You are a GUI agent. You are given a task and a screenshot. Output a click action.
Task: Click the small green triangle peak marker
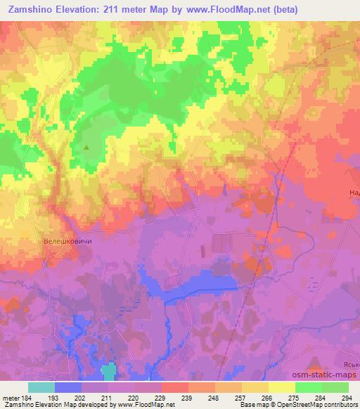pos(86,148)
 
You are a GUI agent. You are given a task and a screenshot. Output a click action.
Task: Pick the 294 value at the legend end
pos(345,398)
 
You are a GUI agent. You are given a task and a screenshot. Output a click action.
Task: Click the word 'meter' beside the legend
pos(11,398)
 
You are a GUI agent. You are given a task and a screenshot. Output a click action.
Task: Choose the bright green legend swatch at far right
pos(335,387)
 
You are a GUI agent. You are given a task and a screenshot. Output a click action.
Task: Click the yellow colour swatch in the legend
pos(281,387)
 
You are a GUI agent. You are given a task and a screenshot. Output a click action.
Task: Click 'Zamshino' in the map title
pos(31,10)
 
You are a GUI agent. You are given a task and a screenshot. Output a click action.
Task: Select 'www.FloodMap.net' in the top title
pos(219,10)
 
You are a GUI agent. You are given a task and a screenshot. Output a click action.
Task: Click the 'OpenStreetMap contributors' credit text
pos(314,405)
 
